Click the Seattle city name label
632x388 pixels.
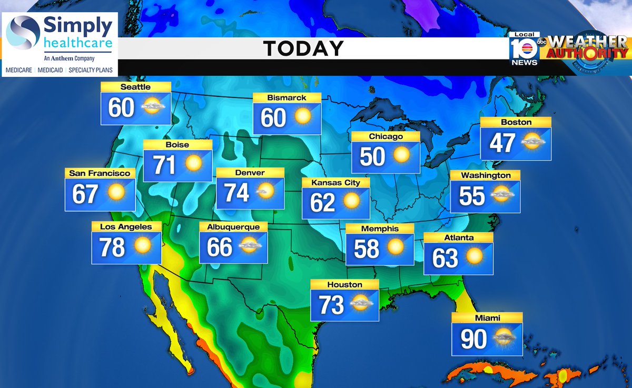[135, 87]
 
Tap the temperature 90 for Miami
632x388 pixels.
[473, 340]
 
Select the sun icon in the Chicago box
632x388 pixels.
[401, 155]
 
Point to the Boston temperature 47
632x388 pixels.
[501, 143]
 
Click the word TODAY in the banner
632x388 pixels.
[303, 49]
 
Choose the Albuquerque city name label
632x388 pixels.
[233, 226]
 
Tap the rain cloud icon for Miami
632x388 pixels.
[504, 339]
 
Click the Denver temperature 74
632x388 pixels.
[236, 193]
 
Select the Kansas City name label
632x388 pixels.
[335, 183]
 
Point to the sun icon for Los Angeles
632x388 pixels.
[142, 245]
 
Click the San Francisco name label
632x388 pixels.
[100, 173]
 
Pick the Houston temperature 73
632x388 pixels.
[331, 305]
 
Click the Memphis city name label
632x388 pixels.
[380, 228]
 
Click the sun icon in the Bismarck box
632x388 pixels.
[303, 116]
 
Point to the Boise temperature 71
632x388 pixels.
[164, 165]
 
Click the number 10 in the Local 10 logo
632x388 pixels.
[523, 49]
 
